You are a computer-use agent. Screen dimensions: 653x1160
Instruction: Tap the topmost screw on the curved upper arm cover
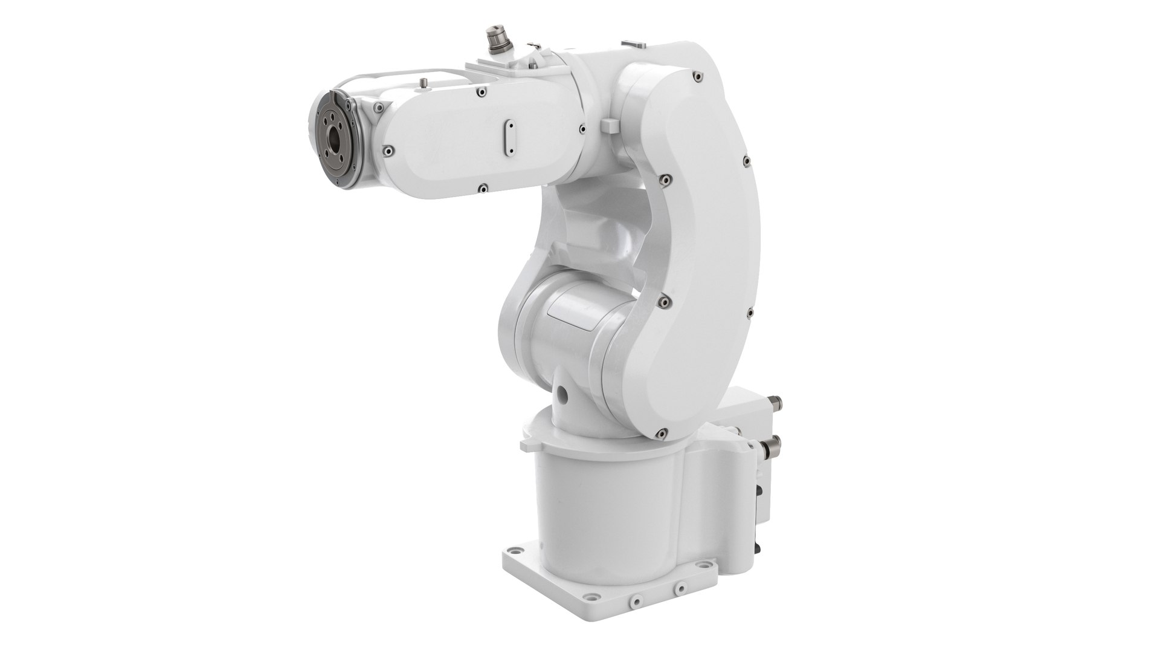[x=697, y=76]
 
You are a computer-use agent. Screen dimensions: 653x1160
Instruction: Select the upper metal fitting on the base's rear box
[x=779, y=401]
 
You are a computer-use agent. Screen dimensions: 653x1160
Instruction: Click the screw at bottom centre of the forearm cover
[x=482, y=188]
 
